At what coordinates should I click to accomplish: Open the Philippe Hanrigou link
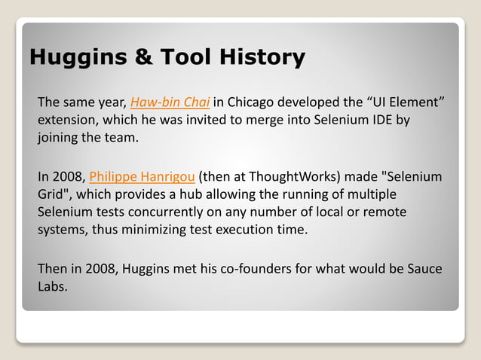(142, 177)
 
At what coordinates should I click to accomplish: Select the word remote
(387, 213)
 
